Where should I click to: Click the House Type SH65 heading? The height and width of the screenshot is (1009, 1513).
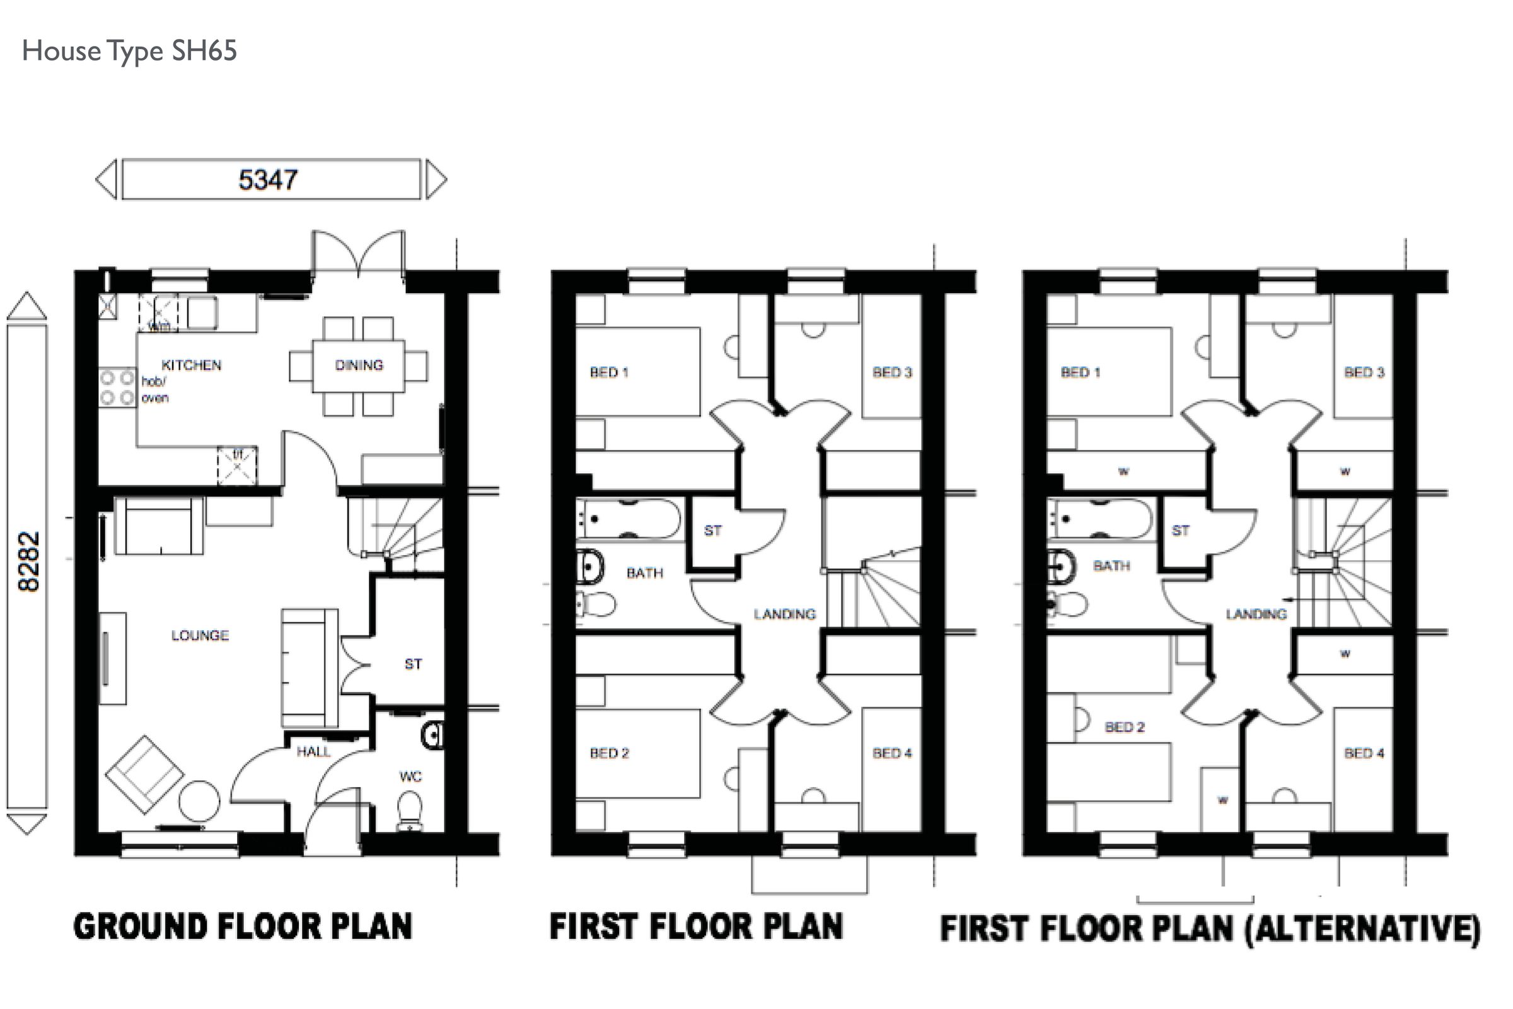129,51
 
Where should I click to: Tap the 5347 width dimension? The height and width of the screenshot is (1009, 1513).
269,180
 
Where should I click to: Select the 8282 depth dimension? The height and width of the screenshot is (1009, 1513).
29,561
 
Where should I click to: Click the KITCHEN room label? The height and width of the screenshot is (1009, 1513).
191,365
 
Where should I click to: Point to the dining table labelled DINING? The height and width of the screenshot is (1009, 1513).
359,365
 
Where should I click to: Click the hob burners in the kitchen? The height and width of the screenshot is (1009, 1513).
117,388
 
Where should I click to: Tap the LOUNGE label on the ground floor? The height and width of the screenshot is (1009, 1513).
199,635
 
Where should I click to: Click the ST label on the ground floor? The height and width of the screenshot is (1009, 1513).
413,664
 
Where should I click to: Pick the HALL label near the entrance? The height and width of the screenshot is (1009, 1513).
313,751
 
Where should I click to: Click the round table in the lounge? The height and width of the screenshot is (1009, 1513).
199,801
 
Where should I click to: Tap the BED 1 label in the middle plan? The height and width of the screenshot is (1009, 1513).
609,372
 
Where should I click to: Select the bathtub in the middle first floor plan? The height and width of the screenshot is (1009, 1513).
628,519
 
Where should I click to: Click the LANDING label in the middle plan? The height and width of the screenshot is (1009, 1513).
784,614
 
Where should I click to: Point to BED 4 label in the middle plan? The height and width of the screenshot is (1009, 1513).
892,753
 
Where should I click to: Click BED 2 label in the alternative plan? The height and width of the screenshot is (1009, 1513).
1124,727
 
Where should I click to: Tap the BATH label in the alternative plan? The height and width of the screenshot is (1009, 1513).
1111,565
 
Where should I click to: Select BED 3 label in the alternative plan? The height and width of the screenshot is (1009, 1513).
1364,372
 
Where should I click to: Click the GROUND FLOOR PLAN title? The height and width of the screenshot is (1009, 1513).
243,926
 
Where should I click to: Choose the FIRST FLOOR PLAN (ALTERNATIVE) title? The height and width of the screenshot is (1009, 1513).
1210,928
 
